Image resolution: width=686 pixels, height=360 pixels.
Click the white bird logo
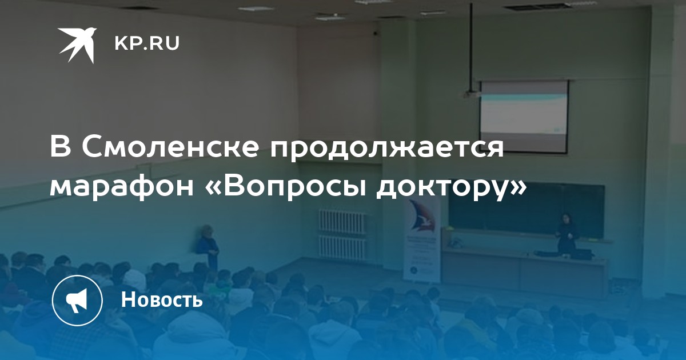point(77,45)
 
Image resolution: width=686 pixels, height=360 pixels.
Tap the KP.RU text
point(147,43)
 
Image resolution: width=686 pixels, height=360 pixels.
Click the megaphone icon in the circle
point(77,300)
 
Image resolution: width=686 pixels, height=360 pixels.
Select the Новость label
point(162,299)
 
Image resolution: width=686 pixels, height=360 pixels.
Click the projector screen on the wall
point(524,117)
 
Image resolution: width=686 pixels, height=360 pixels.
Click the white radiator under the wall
point(343,234)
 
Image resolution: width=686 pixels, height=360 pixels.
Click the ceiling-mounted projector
point(471,93)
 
